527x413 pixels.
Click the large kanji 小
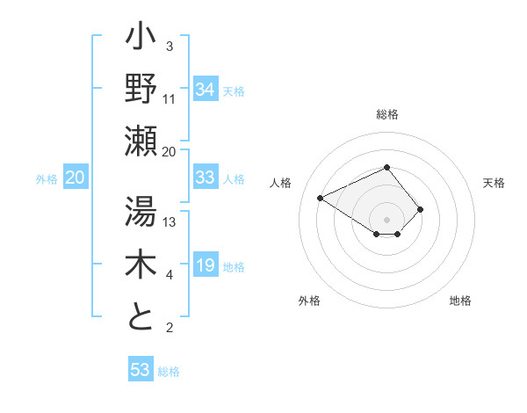point(141,40)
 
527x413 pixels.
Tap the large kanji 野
point(141,89)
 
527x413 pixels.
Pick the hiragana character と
point(141,316)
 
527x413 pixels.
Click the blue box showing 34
point(205,89)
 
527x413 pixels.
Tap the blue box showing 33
point(205,178)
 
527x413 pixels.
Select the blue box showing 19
point(205,265)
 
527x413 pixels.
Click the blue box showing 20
point(75,178)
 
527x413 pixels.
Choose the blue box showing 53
point(140,370)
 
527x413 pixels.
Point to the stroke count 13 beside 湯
point(170,222)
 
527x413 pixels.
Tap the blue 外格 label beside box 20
point(47,178)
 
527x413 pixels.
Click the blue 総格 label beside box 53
point(169,371)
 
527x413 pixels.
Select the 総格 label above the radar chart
point(386,114)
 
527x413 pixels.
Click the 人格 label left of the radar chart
point(281,183)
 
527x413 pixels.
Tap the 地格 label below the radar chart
point(460,301)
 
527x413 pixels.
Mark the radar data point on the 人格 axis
point(321,198)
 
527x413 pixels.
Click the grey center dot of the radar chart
point(386,219)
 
